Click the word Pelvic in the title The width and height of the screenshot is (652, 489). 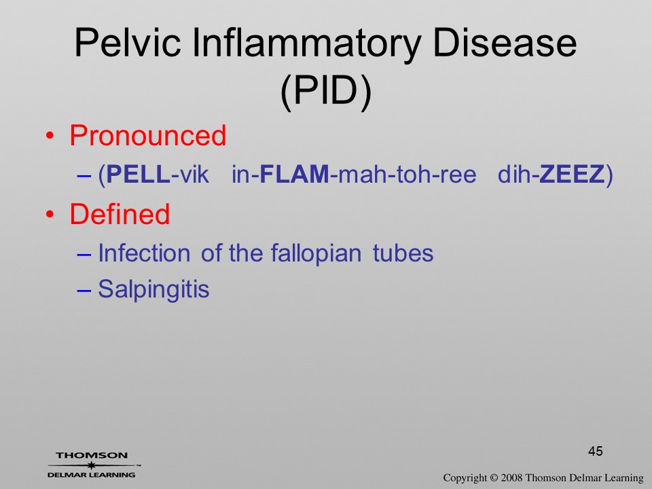[x=128, y=43]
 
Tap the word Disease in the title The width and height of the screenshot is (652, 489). [x=505, y=43]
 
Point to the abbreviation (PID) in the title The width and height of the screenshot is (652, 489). [x=326, y=92]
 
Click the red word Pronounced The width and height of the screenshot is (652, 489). [x=147, y=135]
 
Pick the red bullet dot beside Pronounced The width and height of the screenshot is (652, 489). [x=50, y=136]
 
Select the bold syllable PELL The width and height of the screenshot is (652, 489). [x=139, y=174]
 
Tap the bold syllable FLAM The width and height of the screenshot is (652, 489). [x=294, y=174]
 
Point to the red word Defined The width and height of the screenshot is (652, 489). [x=120, y=214]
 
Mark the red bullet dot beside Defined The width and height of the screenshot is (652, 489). [x=50, y=215]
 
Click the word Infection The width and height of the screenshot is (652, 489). [x=144, y=253]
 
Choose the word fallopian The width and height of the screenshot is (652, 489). [x=316, y=253]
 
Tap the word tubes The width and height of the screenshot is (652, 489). [x=403, y=253]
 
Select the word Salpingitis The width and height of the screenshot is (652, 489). [x=153, y=289]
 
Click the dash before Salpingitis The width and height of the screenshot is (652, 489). [x=84, y=291]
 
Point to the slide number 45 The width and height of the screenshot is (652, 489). [x=596, y=451]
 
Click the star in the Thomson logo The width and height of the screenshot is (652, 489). [x=91, y=465]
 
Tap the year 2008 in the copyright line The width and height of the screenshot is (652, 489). [x=511, y=478]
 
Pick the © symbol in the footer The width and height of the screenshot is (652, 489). [x=494, y=478]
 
